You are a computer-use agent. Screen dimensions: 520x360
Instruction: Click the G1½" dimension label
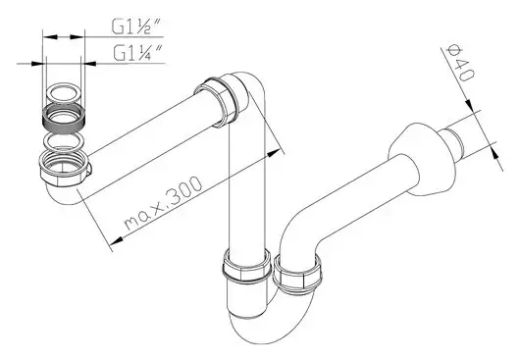[x=136, y=26]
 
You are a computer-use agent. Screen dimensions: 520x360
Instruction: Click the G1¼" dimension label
[x=137, y=52]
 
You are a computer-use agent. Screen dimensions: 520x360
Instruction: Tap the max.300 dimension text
[x=163, y=203]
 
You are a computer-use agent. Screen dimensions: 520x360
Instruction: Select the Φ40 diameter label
[x=460, y=63]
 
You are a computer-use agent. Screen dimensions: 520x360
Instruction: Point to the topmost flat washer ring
[x=64, y=92]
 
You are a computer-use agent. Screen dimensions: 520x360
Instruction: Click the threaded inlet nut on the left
[x=64, y=168]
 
